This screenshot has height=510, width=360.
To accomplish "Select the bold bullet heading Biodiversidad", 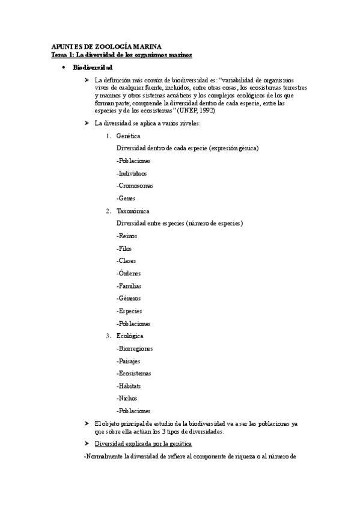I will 92,67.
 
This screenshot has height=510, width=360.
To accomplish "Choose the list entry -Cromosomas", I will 135,186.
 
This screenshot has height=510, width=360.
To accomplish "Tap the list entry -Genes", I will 126,198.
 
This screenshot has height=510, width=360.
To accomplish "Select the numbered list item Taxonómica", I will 133,211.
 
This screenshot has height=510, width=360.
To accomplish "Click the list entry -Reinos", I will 127,236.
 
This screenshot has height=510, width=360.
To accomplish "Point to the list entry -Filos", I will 124,248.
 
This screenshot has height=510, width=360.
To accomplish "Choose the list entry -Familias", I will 129,286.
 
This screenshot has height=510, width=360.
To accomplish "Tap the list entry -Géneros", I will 129,298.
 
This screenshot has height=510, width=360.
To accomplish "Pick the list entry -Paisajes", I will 129,361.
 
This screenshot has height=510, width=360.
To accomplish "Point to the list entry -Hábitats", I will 129,386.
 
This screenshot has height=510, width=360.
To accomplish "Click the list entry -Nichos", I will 127,398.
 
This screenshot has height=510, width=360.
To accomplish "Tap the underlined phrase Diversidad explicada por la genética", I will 144,444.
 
